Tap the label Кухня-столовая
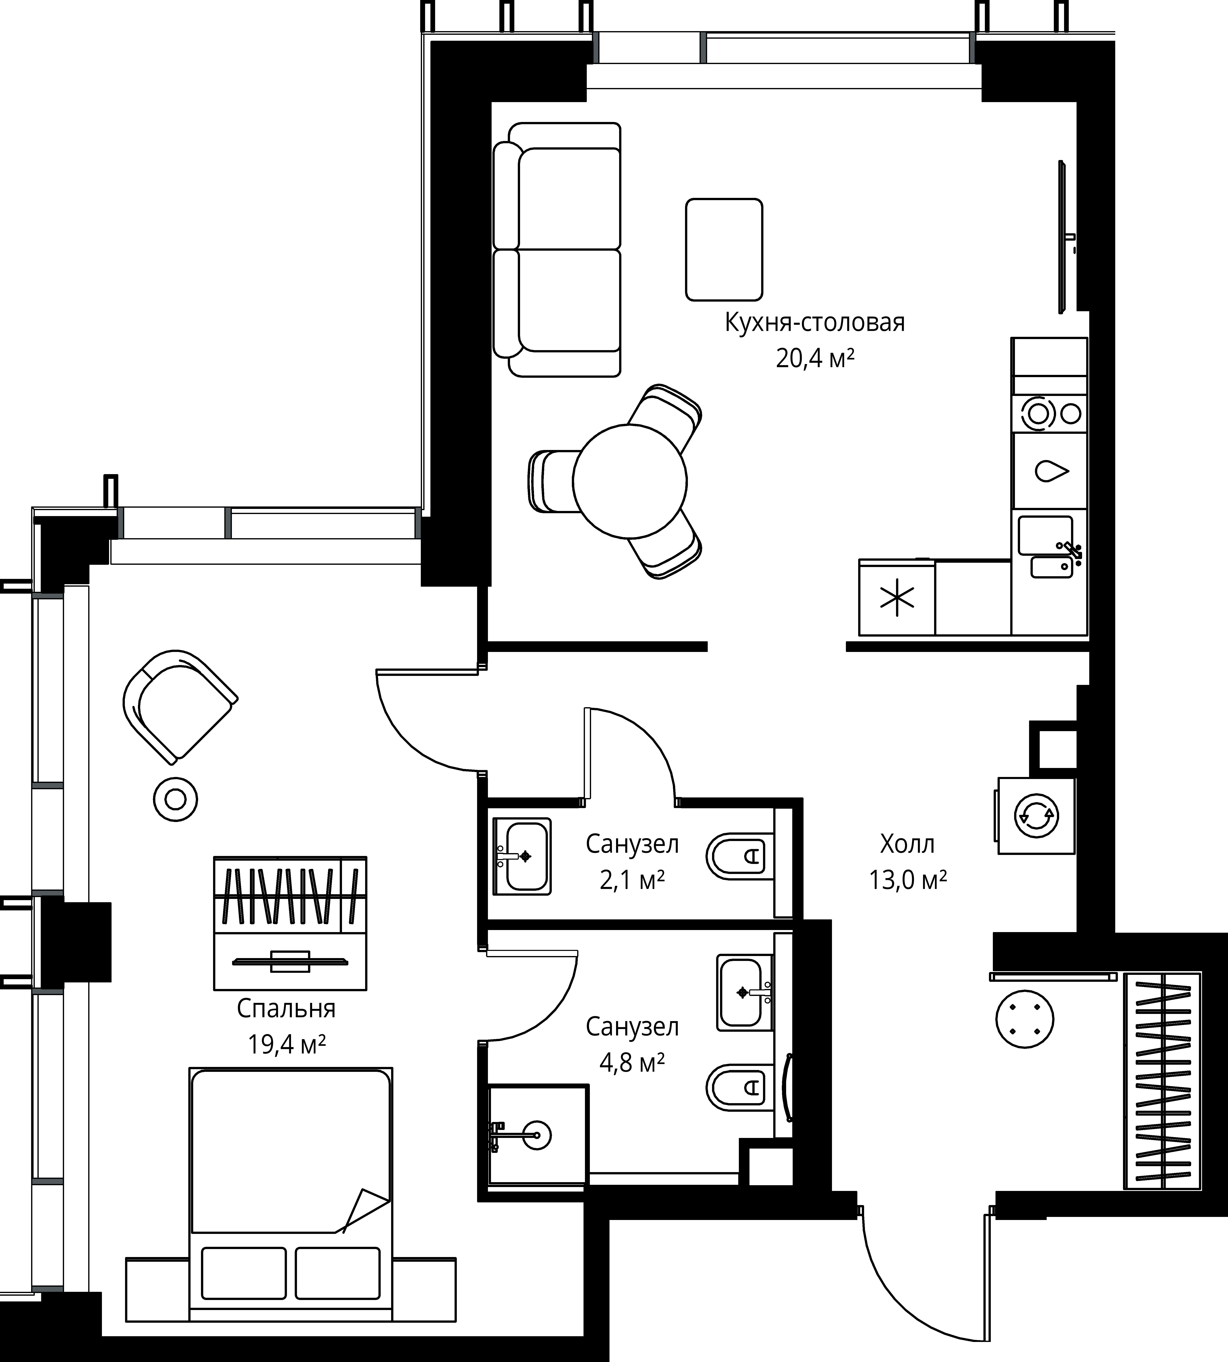point(814,322)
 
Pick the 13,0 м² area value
point(907,880)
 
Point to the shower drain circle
point(537,1135)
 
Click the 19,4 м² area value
point(287,1044)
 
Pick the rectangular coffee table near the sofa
point(724,250)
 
